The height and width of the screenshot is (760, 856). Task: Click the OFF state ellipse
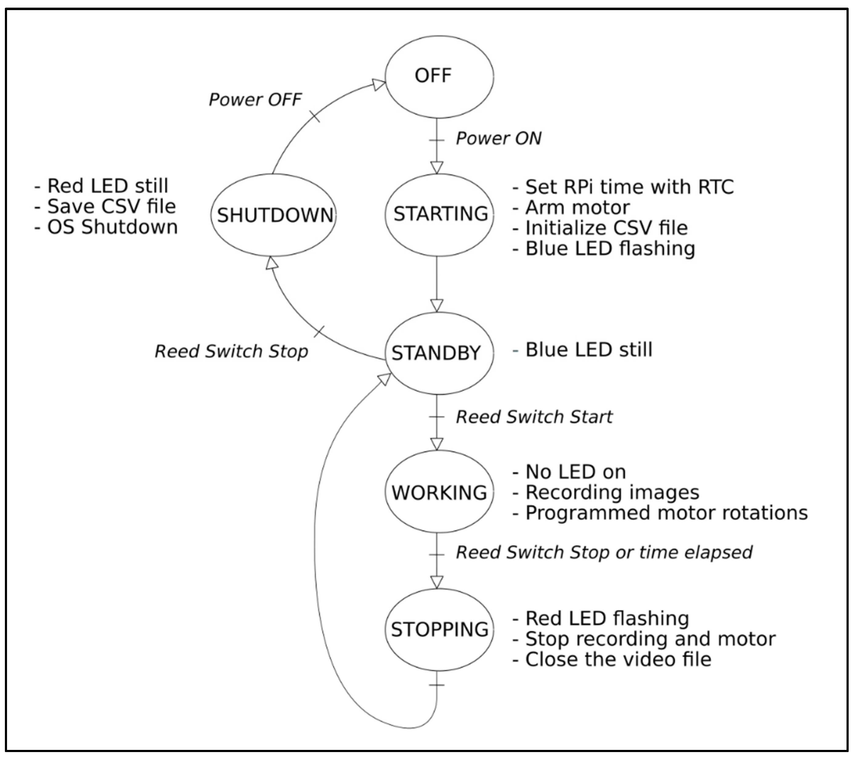tap(439, 76)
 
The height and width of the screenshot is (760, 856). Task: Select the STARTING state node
tap(439, 214)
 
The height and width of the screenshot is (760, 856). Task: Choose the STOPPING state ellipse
tap(439, 629)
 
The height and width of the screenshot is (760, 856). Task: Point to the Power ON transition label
tap(498, 139)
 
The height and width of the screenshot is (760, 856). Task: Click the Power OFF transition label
tap(255, 100)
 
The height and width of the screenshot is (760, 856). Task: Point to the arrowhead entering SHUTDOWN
tap(272, 263)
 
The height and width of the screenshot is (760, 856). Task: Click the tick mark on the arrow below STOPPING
tap(437, 685)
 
